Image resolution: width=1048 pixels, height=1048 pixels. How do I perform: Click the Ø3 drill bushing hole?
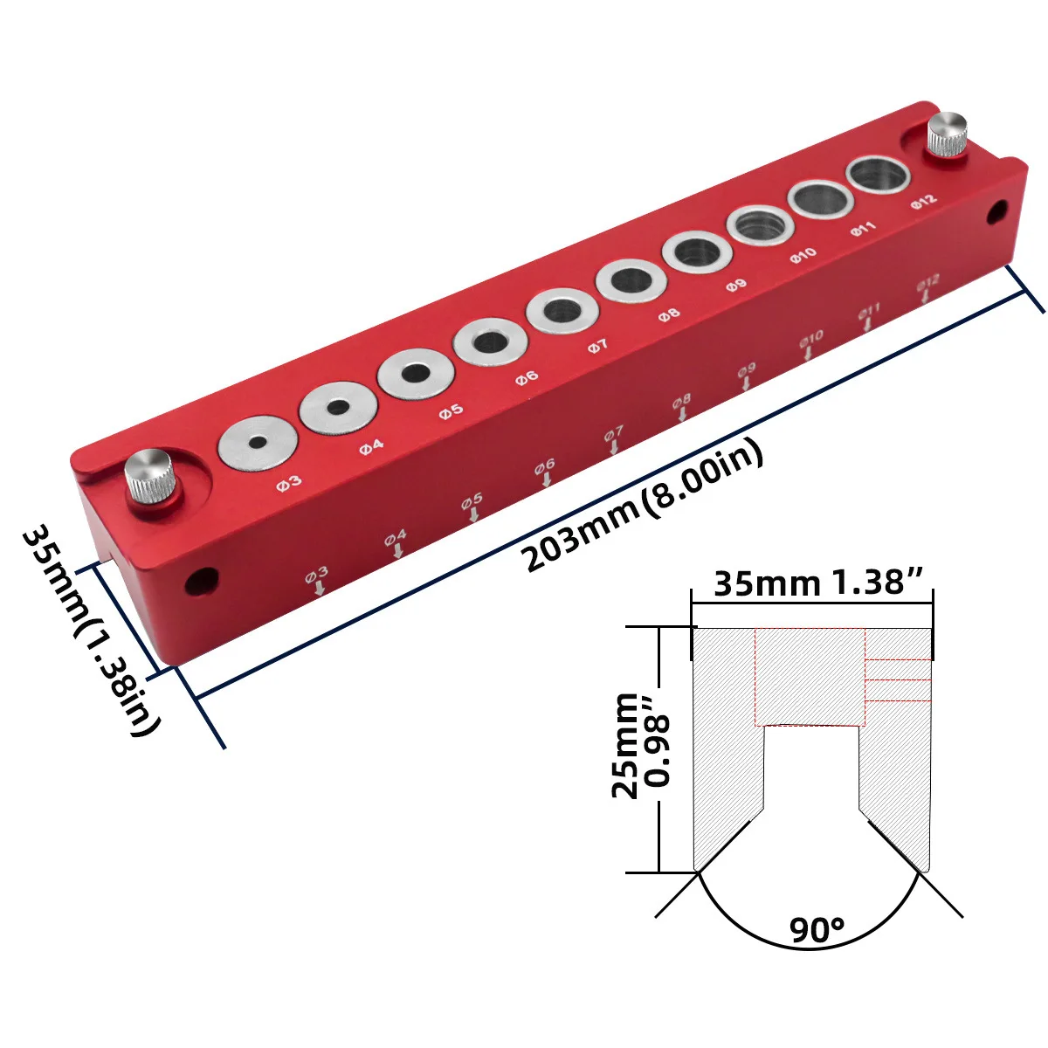click(256, 443)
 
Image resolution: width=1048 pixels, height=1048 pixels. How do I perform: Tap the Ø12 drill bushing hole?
click(877, 175)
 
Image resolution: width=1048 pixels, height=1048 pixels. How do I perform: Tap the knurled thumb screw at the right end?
click(948, 135)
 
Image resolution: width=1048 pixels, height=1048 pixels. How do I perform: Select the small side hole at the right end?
click(997, 210)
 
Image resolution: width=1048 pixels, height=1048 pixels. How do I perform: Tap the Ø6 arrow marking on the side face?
click(545, 472)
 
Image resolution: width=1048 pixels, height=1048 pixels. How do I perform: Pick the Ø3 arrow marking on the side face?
click(318, 581)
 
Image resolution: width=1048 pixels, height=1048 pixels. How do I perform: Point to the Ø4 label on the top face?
click(371, 446)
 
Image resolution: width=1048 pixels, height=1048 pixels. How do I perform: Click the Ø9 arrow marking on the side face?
click(746, 376)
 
